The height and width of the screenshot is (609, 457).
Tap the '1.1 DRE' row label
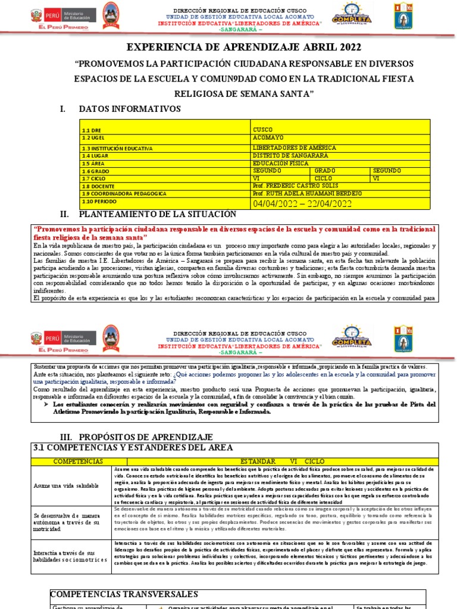tap(92, 130)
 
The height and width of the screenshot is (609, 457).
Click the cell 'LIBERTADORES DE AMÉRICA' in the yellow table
tap(295, 147)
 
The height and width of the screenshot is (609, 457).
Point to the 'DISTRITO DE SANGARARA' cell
tap(290, 155)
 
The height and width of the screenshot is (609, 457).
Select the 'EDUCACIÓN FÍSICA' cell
tap(281, 163)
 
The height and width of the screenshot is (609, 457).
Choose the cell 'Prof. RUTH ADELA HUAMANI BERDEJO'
tap(307, 194)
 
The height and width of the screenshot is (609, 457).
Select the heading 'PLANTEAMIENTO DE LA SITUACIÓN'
tap(157, 214)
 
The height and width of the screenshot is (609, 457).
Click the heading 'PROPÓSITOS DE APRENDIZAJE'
tap(154, 437)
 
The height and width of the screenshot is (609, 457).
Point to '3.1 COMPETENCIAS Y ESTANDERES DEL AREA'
tap(133, 448)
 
